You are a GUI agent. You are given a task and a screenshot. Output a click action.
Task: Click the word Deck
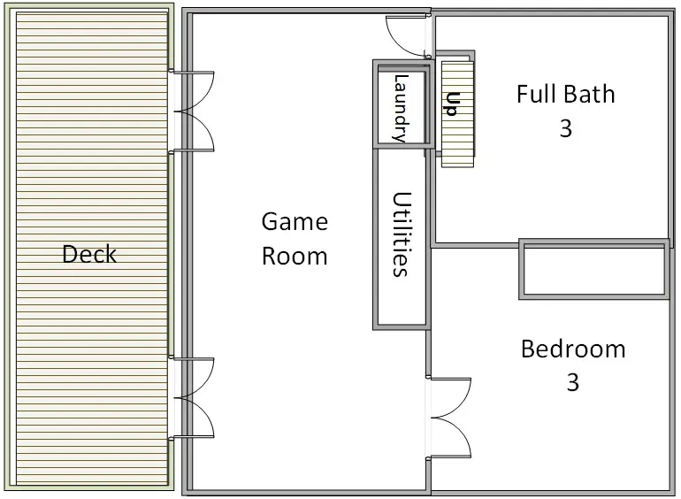point(89,254)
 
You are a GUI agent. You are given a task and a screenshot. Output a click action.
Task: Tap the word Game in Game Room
point(295,222)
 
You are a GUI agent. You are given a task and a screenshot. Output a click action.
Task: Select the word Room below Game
point(295,256)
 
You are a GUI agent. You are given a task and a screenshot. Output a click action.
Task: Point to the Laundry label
point(401,108)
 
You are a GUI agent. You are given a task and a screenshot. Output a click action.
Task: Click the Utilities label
point(402,234)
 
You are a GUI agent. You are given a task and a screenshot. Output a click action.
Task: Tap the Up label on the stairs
point(452,104)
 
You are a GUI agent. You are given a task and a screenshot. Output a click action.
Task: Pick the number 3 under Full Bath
point(565,128)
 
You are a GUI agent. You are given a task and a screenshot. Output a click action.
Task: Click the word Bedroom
point(573,349)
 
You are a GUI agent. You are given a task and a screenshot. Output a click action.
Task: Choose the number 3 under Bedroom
point(573,382)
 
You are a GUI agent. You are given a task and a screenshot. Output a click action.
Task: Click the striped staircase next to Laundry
point(457,114)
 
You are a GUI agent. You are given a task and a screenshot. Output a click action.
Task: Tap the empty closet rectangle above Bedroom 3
point(594,269)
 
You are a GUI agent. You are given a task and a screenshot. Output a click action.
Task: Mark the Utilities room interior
point(402,237)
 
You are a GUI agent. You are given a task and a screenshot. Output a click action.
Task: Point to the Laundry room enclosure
point(375,104)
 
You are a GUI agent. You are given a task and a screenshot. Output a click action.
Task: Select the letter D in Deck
point(69,254)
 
